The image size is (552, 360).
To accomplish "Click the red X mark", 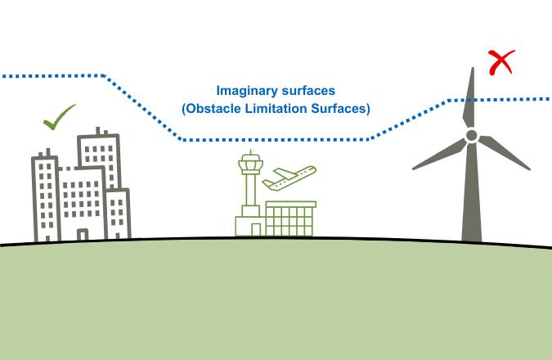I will point(501,62).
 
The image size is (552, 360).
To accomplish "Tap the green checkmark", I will point(58,119).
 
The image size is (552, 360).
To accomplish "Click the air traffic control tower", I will point(250,184).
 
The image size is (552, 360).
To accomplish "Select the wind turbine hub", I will point(471,136).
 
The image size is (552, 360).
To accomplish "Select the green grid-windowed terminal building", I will point(289,219).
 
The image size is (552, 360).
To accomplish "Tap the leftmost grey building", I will point(44,196).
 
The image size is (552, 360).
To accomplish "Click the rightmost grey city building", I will point(119,213).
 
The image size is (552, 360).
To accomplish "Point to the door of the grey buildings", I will point(82,235).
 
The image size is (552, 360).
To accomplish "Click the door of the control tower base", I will point(256,230).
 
